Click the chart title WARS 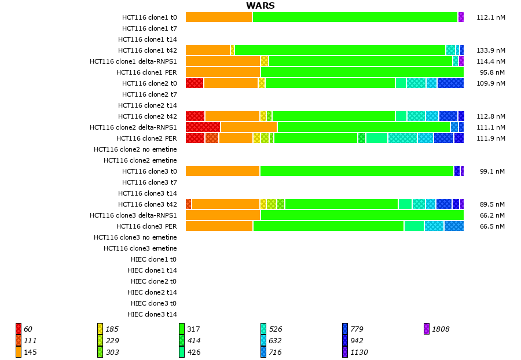tap(260, 6)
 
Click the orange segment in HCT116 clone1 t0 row tap(219, 17)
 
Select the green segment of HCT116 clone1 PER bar tap(362, 72)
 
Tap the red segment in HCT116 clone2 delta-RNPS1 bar tap(203, 127)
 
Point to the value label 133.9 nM tap(491, 50)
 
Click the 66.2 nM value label tap(493, 215)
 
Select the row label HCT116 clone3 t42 tap(148, 204)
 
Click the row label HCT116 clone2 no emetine tap(135, 149)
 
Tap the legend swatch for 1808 tap(427, 329)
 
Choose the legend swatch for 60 tap(19, 329)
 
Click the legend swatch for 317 tap(182, 329)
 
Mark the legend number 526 tap(276, 329)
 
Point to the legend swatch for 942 tap(345, 341)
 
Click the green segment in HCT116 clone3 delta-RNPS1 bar tap(362, 215)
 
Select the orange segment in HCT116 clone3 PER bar tap(219, 226)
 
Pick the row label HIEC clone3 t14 tap(152, 314)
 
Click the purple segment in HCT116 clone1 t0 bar tap(461, 17)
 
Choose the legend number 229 tap(112, 341)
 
